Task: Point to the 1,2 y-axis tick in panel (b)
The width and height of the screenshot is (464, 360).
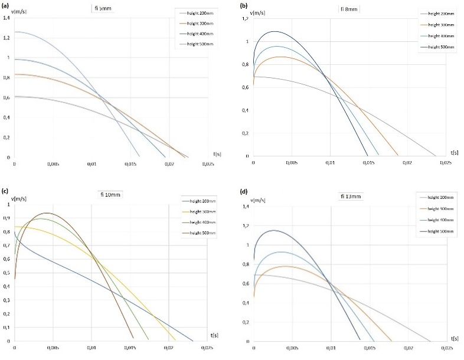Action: tap(246, 18)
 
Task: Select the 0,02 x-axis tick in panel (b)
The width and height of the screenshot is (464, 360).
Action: tap(407, 162)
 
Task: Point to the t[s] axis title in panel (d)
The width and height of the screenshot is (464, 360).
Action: tap(455, 338)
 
